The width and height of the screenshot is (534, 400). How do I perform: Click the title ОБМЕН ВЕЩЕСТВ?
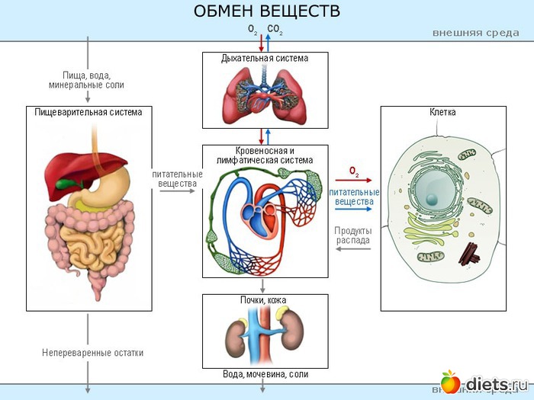tap(266, 11)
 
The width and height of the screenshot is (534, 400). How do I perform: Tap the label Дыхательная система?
tap(265, 58)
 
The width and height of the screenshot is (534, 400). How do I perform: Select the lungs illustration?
tap(264, 96)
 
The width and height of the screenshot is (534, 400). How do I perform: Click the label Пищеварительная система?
tap(88, 112)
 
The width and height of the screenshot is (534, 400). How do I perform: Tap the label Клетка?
tap(442, 112)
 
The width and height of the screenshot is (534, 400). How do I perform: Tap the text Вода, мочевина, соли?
tap(265, 374)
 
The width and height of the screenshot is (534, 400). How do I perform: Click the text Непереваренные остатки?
tap(93, 353)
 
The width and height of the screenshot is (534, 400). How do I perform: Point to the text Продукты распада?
tap(353, 235)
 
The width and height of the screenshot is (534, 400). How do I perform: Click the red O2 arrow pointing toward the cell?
tap(353, 181)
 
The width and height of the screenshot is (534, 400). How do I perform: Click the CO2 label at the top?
tap(275, 29)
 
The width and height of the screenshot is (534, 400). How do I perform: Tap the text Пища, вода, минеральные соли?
tap(86, 80)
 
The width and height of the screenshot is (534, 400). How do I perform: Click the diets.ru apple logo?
tap(451, 381)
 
